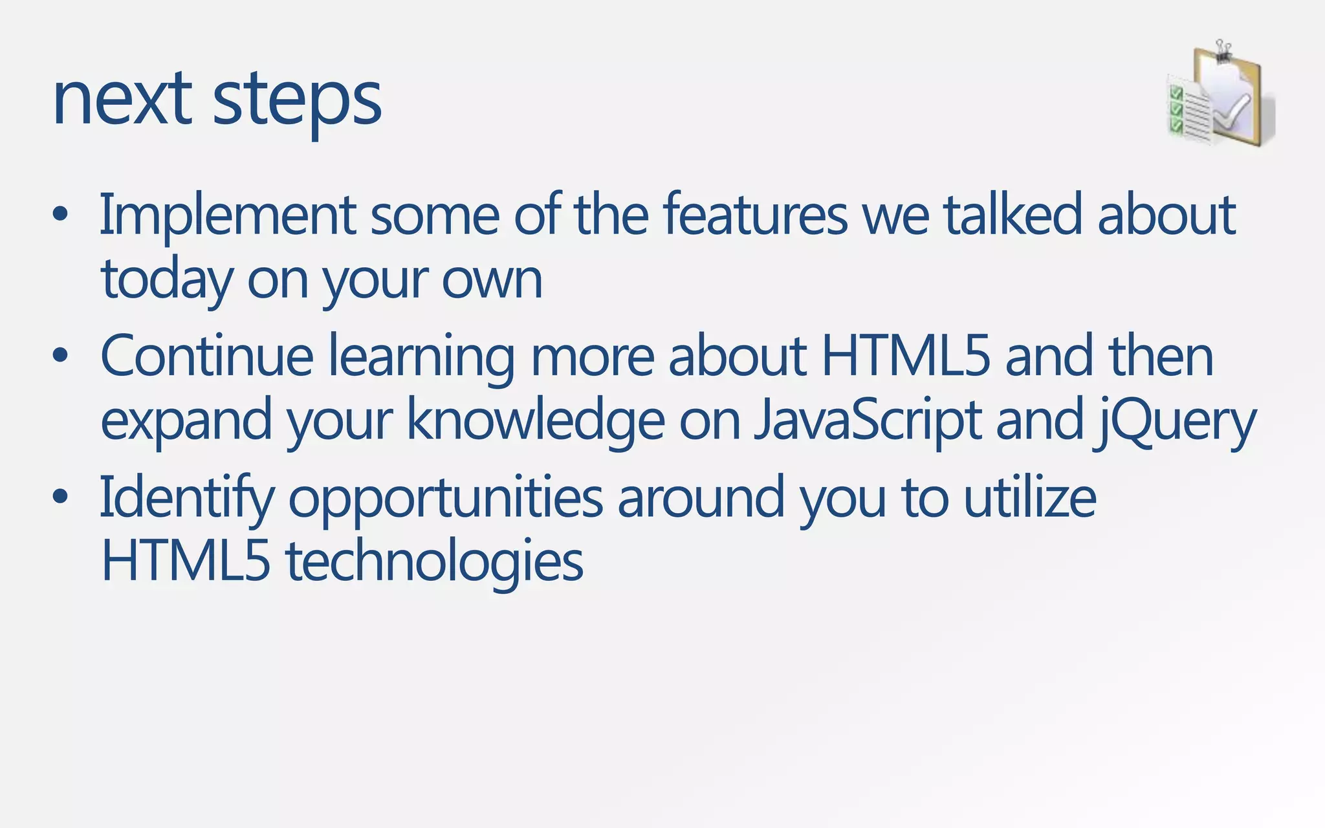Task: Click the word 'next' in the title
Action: (122, 100)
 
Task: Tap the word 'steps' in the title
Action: (297, 102)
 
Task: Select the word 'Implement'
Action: (227, 215)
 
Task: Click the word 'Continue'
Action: (207, 356)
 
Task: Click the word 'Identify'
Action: (186, 499)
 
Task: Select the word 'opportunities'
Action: (446, 499)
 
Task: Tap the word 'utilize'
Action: (1030, 497)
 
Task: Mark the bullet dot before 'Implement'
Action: (60, 215)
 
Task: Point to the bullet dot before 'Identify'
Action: (60, 497)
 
